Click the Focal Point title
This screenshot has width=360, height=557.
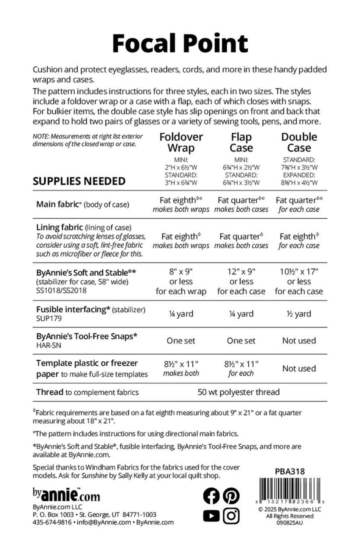click(180, 43)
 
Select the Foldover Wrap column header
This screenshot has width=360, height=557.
click(181, 142)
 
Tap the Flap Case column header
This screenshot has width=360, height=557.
click(241, 142)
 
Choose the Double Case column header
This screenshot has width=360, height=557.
click(299, 142)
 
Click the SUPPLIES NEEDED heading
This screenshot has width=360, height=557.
click(79, 181)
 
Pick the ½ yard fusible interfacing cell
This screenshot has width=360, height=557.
click(299, 314)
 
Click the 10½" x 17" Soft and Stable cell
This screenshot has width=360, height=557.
click(299, 271)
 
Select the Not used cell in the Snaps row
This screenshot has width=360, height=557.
click(299, 341)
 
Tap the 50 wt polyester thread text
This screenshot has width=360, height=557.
click(239, 392)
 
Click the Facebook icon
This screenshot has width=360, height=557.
click(212, 496)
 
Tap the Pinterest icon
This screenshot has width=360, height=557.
click(231, 496)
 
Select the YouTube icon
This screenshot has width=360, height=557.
click(212, 516)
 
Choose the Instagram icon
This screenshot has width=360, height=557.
click(231, 516)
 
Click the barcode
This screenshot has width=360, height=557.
click(290, 489)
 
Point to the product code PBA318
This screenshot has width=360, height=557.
click(290, 471)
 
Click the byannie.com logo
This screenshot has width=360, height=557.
click(66, 495)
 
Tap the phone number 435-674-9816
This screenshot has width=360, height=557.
click(52, 522)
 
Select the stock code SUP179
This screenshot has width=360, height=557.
click(49, 318)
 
